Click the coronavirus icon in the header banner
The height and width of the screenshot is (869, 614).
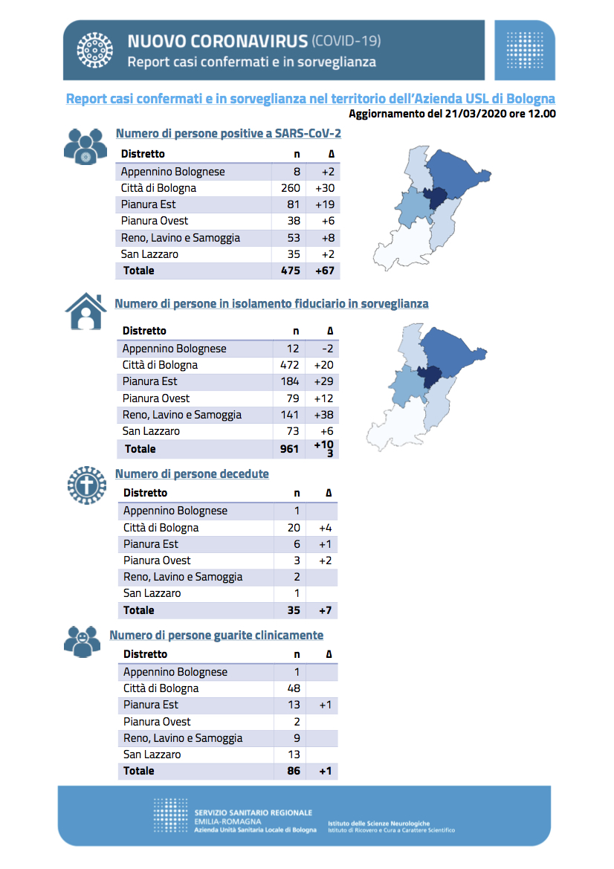(94, 51)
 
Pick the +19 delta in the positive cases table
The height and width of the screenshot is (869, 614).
(326, 204)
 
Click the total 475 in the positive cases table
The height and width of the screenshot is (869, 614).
(291, 271)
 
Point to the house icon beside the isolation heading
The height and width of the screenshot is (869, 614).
(86, 311)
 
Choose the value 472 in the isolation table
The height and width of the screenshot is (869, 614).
(289, 365)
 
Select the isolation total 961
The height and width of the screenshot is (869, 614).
(289, 449)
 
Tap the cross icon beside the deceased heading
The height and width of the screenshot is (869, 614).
(86, 485)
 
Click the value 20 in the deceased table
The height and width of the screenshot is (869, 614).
(294, 528)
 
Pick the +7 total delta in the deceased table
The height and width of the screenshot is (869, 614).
(326, 610)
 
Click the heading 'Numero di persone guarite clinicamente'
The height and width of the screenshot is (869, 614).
(216, 635)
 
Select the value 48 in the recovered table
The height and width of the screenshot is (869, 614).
(294, 688)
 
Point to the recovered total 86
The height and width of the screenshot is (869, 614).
(294, 771)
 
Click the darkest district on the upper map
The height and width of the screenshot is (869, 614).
(436, 198)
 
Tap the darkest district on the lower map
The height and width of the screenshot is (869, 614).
(430, 377)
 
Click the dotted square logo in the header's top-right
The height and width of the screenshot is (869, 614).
(525, 50)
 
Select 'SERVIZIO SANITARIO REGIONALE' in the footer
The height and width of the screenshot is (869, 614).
(253, 813)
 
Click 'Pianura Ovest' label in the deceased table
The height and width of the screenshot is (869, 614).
(157, 561)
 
